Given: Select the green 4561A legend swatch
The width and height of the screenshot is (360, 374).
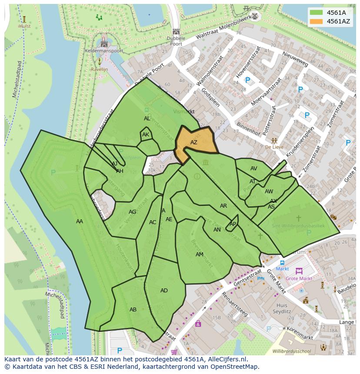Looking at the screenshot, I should [317, 13].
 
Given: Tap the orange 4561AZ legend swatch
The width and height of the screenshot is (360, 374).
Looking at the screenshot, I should [317, 21].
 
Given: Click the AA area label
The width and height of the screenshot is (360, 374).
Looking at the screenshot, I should [80, 222].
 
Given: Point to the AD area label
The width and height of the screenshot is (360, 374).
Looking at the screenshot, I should [164, 291].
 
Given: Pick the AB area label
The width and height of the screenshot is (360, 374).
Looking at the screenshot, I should [133, 310].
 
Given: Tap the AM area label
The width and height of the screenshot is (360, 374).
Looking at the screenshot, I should [200, 255].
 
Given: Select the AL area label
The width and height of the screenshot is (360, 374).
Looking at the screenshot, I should [147, 119].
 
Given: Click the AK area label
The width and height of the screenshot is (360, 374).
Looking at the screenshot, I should [146, 135].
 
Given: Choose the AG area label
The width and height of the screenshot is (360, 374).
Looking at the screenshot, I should [133, 212].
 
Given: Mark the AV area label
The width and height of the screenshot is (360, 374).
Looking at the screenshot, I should [253, 169].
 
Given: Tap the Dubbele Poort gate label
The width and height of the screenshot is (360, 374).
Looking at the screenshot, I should [176, 41].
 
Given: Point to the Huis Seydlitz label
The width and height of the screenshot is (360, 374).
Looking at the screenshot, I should [282, 308].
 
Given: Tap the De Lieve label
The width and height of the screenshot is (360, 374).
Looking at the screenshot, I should [274, 147].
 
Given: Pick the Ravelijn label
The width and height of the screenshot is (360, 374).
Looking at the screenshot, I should [100, 69].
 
